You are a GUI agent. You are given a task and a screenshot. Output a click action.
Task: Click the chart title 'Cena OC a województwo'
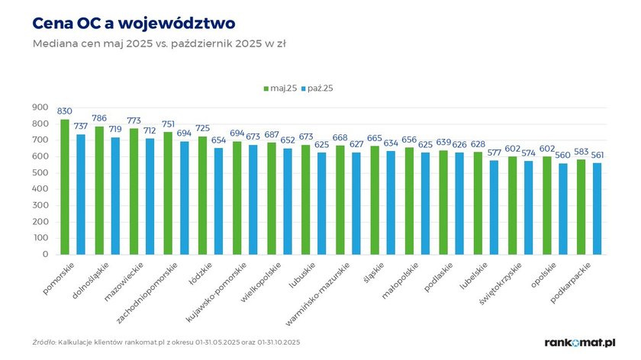tap(134, 22)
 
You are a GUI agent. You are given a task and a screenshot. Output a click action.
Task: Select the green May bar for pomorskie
tap(65, 187)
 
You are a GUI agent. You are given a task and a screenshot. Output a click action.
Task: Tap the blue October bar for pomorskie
tap(81, 194)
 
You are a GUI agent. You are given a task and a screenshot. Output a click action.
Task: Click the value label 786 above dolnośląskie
tap(99, 118)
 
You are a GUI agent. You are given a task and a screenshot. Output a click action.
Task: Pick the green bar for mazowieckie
tap(134, 191)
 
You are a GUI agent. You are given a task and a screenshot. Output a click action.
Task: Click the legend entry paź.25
tap(317, 88)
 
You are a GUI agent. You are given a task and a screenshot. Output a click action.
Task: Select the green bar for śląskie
tap(374, 200)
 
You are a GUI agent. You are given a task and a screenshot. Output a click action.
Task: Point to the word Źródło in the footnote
tap(44, 342)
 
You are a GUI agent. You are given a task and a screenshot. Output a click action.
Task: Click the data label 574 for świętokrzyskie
tap(529, 153)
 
